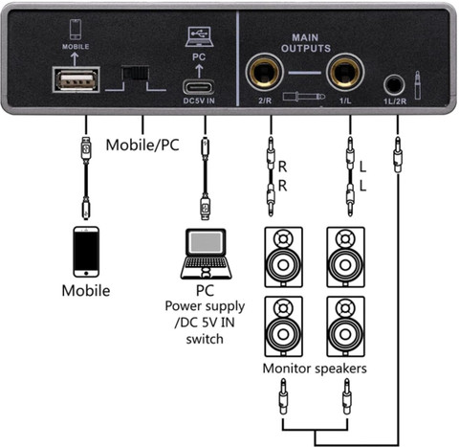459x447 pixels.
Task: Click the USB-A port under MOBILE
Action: (x=76, y=79)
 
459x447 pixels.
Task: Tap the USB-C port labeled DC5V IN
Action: (x=198, y=87)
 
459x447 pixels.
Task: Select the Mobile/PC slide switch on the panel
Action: (x=135, y=73)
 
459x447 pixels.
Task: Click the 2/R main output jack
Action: (x=264, y=72)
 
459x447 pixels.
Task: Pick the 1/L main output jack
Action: (x=345, y=72)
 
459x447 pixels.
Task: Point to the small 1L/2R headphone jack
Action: (x=394, y=85)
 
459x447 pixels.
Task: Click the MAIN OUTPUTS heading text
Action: (x=306, y=43)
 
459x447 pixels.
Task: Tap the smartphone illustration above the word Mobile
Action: (x=86, y=252)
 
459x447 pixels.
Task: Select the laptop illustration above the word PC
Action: (x=207, y=254)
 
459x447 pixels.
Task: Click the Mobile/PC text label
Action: (x=142, y=145)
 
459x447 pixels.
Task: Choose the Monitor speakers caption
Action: (x=315, y=369)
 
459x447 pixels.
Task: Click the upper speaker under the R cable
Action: (x=283, y=257)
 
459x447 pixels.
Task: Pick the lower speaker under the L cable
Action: (x=345, y=326)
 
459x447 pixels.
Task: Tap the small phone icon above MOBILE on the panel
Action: (x=76, y=30)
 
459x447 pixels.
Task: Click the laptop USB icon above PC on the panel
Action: (x=200, y=36)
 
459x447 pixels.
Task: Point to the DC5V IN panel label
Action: (x=199, y=101)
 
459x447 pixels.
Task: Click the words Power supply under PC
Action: (x=205, y=306)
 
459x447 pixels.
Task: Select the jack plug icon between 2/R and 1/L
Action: (x=304, y=97)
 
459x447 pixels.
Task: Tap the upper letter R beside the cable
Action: (x=282, y=167)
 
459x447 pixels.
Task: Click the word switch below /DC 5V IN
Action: (x=205, y=339)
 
